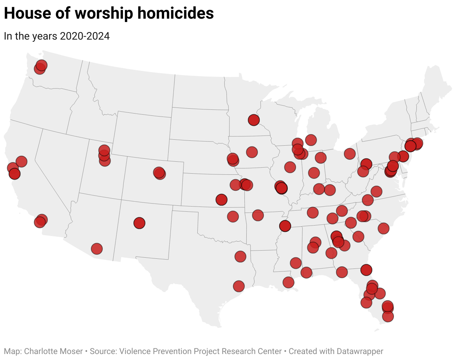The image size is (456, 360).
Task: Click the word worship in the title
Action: pyautogui.click(x=103, y=13)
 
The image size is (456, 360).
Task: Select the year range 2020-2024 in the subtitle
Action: pyautogui.click(x=85, y=36)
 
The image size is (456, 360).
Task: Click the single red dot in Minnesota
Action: pyautogui.click(x=254, y=120)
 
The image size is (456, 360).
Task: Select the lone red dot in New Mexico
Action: pyautogui.click(x=139, y=223)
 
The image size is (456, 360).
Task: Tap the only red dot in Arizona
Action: pyautogui.click(x=97, y=248)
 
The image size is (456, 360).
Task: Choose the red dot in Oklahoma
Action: pyautogui.click(x=233, y=216)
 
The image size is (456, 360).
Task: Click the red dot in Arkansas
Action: pyautogui.click(x=258, y=215)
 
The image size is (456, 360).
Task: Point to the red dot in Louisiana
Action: pyautogui.click(x=288, y=282)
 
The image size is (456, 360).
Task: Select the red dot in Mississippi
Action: pyautogui.click(x=296, y=263)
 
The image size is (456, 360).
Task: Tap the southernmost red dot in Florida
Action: pyautogui.click(x=388, y=317)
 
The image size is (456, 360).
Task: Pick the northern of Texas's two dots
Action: pyautogui.click(x=240, y=257)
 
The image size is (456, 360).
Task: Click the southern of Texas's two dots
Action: pyautogui.click(x=239, y=286)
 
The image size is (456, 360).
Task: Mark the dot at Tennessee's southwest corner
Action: pyautogui.click(x=285, y=226)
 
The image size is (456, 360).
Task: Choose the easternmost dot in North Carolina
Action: pyautogui.click(x=383, y=228)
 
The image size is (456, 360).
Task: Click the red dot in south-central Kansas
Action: pyautogui.click(x=222, y=200)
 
